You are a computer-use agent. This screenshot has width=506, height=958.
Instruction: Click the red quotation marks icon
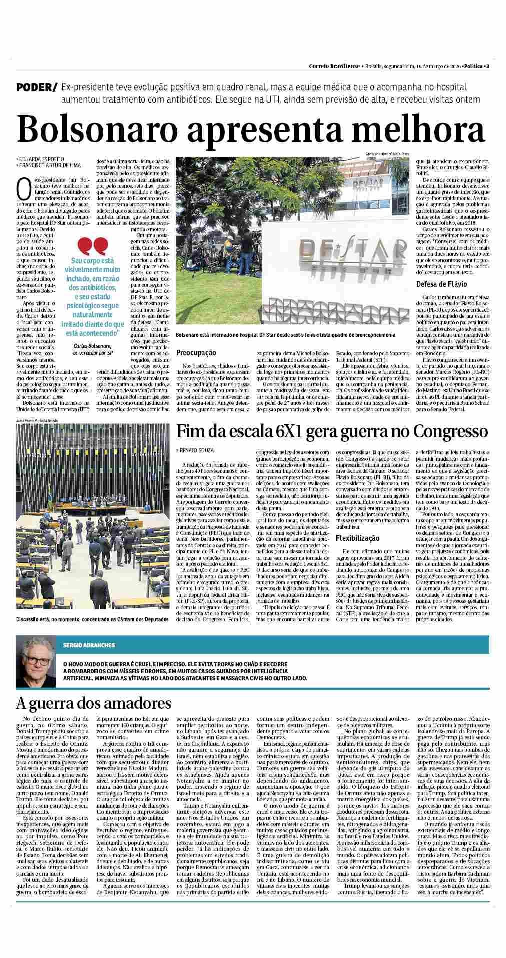[x=93, y=245]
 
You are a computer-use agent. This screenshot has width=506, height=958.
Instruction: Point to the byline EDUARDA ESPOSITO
[x=41, y=159]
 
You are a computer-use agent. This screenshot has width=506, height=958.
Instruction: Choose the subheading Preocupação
[x=196, y=353]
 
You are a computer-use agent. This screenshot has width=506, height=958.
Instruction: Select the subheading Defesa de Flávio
[x=441, y=284]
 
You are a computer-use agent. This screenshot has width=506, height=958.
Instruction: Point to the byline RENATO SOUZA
[x=197, y=450]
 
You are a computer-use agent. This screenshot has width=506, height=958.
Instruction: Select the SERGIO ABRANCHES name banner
[x=89, y=645]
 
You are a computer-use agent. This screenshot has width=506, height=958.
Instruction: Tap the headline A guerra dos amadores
[x=94, y=703]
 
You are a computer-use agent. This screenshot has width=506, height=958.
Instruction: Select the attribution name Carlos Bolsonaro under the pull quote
[x=93, y=346]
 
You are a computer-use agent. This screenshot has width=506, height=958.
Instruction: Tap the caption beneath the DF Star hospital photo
[x=285, y=335]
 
